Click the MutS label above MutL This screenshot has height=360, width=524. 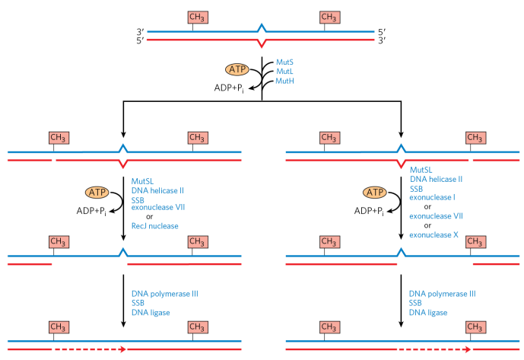point(284,59)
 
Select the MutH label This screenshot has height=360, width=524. point(284,81)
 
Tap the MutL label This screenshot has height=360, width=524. point(284,70)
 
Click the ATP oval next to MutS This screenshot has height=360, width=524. point(238,69)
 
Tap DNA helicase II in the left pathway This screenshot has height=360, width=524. point(157,189)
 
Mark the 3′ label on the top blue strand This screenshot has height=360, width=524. point(140,32)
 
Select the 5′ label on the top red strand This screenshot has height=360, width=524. point(140,40)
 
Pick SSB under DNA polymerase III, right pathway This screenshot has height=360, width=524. point(418,303)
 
